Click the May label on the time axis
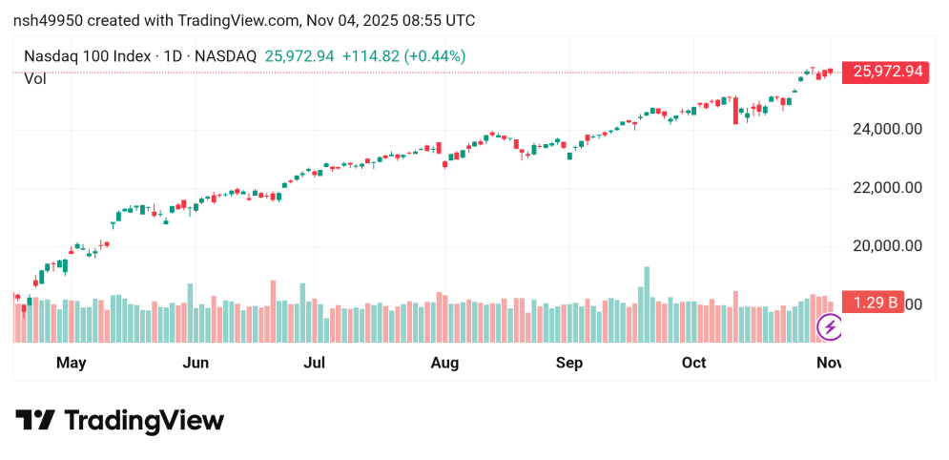pyautogui.click(x=72, y=363)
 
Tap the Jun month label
pyautogui.click(x=196, y=363)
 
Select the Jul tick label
pyautogui.click(x=314, y=363)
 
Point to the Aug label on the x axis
pyautogui.click(x=444, y=363)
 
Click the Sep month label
pyautogui.click(x=569, y=363)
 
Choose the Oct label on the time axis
pyautogui.click(x=694, y=363)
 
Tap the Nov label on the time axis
pyautogui.click(x=828, y=363)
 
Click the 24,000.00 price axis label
pyautogui.click(x=886, y=129)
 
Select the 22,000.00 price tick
pyautogui.click(x=886, y=187)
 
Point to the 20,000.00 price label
pyautogui.click(x=886, y=245)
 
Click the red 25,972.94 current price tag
pyautogui.click(x=888, y=72)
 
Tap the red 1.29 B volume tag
pyautogui.click(x=875, y=303)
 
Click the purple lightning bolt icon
pyautogui.click(x=830, y=327)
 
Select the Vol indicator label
pyautogui.click(x=35, y=79)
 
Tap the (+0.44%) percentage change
pyautogui.click(x=435, y=56)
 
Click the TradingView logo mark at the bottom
pyautogui.click(x=35, y=421)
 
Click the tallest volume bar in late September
pyautogui.click(x=646, y=304)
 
